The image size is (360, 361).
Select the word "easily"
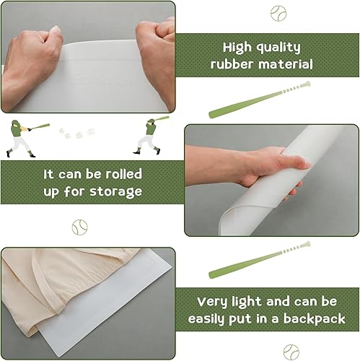pyautogui.click(x=210, y=318)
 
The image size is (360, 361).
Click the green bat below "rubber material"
pyautogui.click(x=259, y=100)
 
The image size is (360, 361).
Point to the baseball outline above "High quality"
pyautogui.click(x=278, y=13)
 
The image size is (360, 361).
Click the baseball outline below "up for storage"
pyautogui.click(x=79, y=228)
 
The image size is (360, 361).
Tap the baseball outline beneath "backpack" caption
pyautogui.click(x=290, y=351)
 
